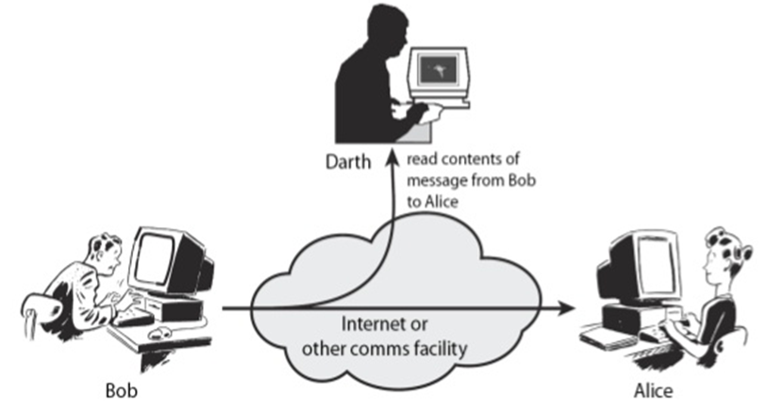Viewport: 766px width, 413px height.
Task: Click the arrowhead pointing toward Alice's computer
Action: [x=568, y=307]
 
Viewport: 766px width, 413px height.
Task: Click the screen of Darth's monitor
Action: [x=436, y=69]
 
